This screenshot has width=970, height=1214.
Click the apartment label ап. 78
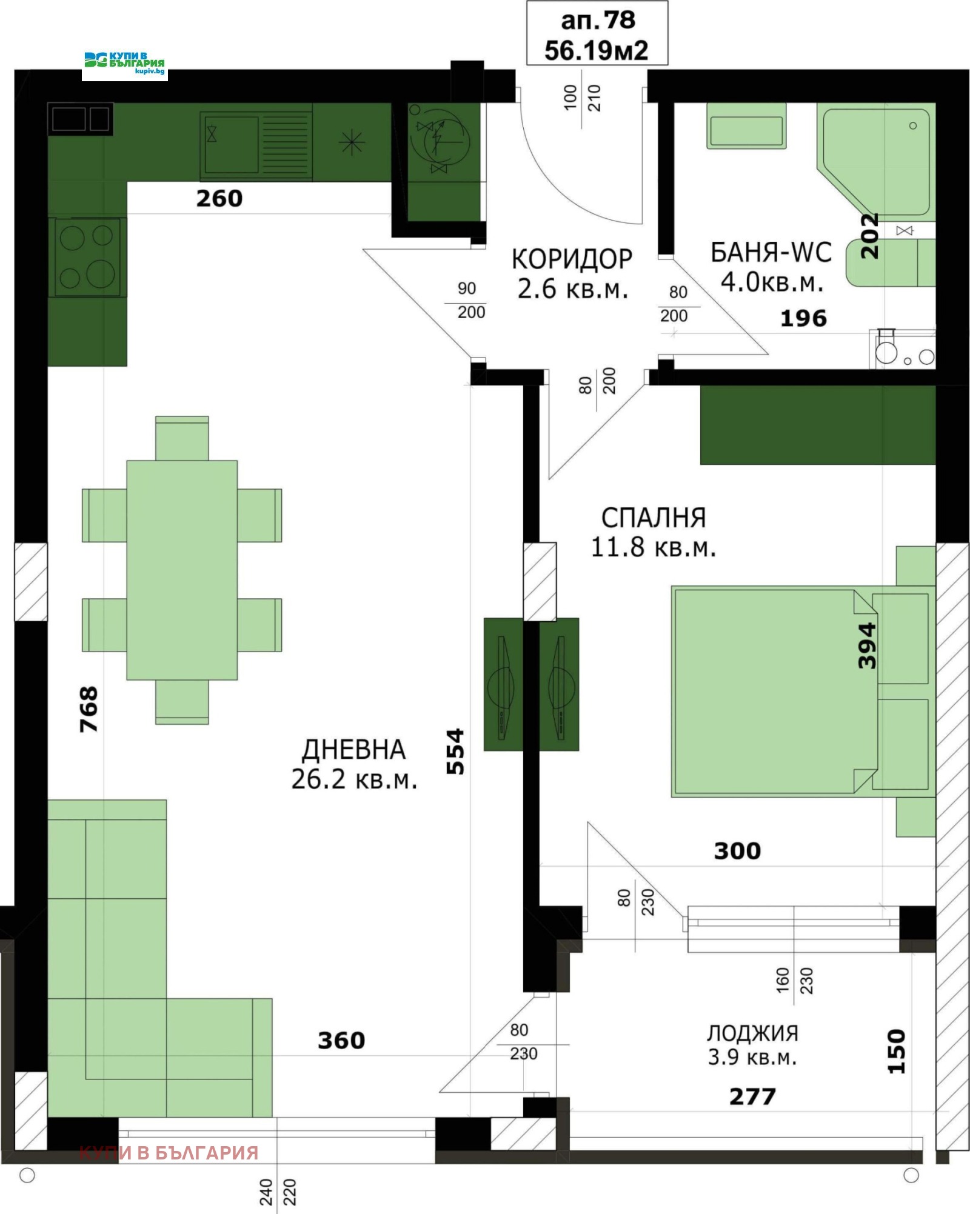(x=598, y=21)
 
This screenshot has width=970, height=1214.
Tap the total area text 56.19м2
(x=597, y=50)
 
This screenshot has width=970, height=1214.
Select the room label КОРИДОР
(x=572, y=259)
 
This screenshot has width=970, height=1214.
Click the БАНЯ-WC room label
(x=771, y=253)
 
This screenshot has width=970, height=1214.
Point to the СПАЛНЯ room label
(x=654, y=518)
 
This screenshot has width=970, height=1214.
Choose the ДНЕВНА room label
(x=354, y=750)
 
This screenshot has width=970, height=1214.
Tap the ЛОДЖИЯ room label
(x=752, y=1032)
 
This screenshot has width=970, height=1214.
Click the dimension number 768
(x=89, y=709)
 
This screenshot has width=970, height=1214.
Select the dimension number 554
(x=455, y=752)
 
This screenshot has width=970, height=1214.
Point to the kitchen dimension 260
(x=219, y=199)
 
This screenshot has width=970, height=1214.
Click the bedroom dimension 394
(x=868, y=645)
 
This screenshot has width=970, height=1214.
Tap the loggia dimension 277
(x=752, y=1096)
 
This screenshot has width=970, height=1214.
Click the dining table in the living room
(x=182, y=570)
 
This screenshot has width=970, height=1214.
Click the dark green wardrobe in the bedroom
(x=818, y=425)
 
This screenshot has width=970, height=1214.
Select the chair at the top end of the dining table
(x=182, y=438)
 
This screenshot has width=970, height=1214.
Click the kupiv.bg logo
(x=125, y=63)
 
